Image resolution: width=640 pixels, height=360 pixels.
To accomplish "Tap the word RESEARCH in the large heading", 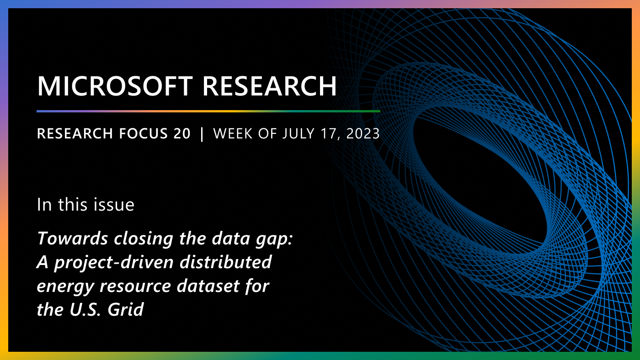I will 270,86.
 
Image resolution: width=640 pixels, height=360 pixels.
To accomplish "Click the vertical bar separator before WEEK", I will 202,133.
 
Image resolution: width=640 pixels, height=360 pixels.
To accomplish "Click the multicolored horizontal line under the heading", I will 208,111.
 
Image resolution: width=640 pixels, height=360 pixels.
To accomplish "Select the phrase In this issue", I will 85,205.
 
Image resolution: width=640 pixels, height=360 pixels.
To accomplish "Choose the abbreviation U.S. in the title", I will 86,310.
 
